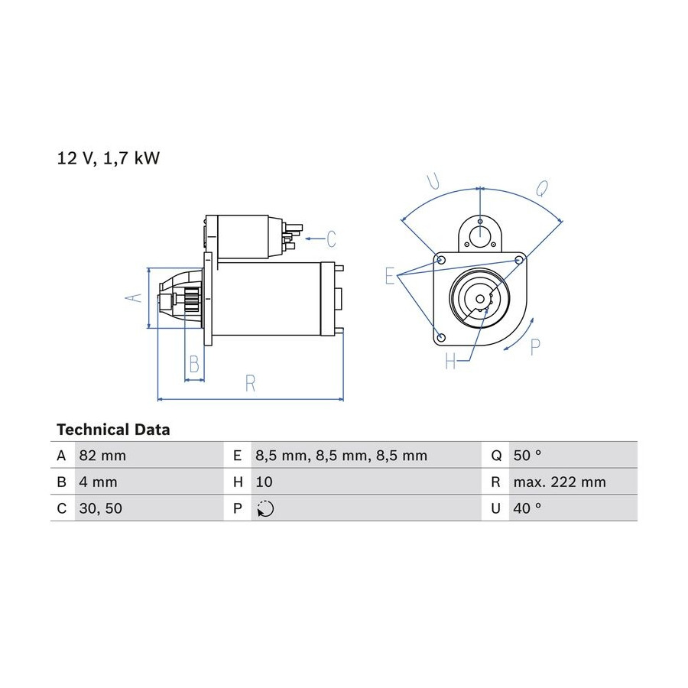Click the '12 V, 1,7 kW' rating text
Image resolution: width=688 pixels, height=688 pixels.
(x=109, y=158)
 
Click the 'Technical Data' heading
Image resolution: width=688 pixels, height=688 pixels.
(x=113, y=430)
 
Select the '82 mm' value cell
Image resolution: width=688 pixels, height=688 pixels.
(x=102, y=456)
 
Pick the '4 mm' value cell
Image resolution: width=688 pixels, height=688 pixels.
(x=99, y=482)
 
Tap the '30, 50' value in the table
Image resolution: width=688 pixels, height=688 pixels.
(x=100, y=508)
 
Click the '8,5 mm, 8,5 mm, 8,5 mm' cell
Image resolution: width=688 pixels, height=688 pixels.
(x=342, y=456)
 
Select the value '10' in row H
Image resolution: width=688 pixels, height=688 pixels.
(x=264, y=482)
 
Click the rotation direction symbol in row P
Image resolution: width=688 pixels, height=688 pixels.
(x=265, y=508)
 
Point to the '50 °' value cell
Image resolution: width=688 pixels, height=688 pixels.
(x=527, y=456)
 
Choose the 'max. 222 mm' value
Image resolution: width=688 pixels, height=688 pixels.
(x=560, y=482)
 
